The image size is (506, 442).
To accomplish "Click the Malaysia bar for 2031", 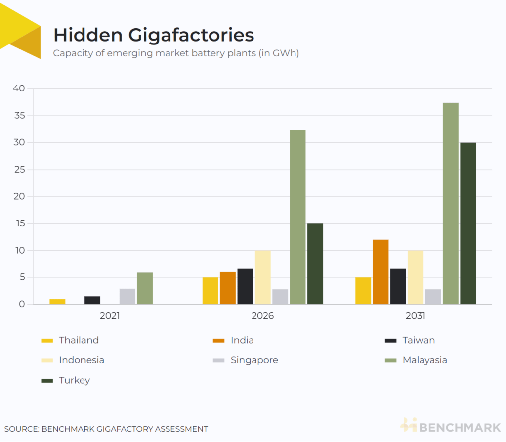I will click(x=450, y=203).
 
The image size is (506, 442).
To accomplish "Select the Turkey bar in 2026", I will click(x=315, y=264).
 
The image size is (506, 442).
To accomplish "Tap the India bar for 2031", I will click(x=380, y=271).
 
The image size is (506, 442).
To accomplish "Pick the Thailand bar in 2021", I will click(x=57, y=301).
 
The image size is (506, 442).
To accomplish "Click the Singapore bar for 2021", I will click(x=127, y=296).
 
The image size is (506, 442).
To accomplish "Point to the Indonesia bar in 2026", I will click(x=263, y=277).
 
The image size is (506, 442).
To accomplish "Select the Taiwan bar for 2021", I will click(x=92, y=300).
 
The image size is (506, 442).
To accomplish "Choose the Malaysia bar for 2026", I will click(x=297, y=217).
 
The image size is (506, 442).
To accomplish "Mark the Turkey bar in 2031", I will click(x=468, y=223).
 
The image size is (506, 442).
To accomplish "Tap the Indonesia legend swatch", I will click(x=47, y=360).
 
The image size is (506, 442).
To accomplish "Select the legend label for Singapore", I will click(x=254, y=360).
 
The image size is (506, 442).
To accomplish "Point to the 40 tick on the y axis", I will click(x=18, y=88).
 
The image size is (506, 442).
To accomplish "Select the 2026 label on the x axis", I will click(x=262, y=315).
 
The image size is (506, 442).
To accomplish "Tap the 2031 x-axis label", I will click(x=416, y=315).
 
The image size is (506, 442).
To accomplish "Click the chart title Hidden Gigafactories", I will click(x=154, y=35).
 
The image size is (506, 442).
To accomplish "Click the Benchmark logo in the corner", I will click(x=450, y=425).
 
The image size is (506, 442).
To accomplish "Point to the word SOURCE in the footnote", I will click(x=20, y=429).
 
